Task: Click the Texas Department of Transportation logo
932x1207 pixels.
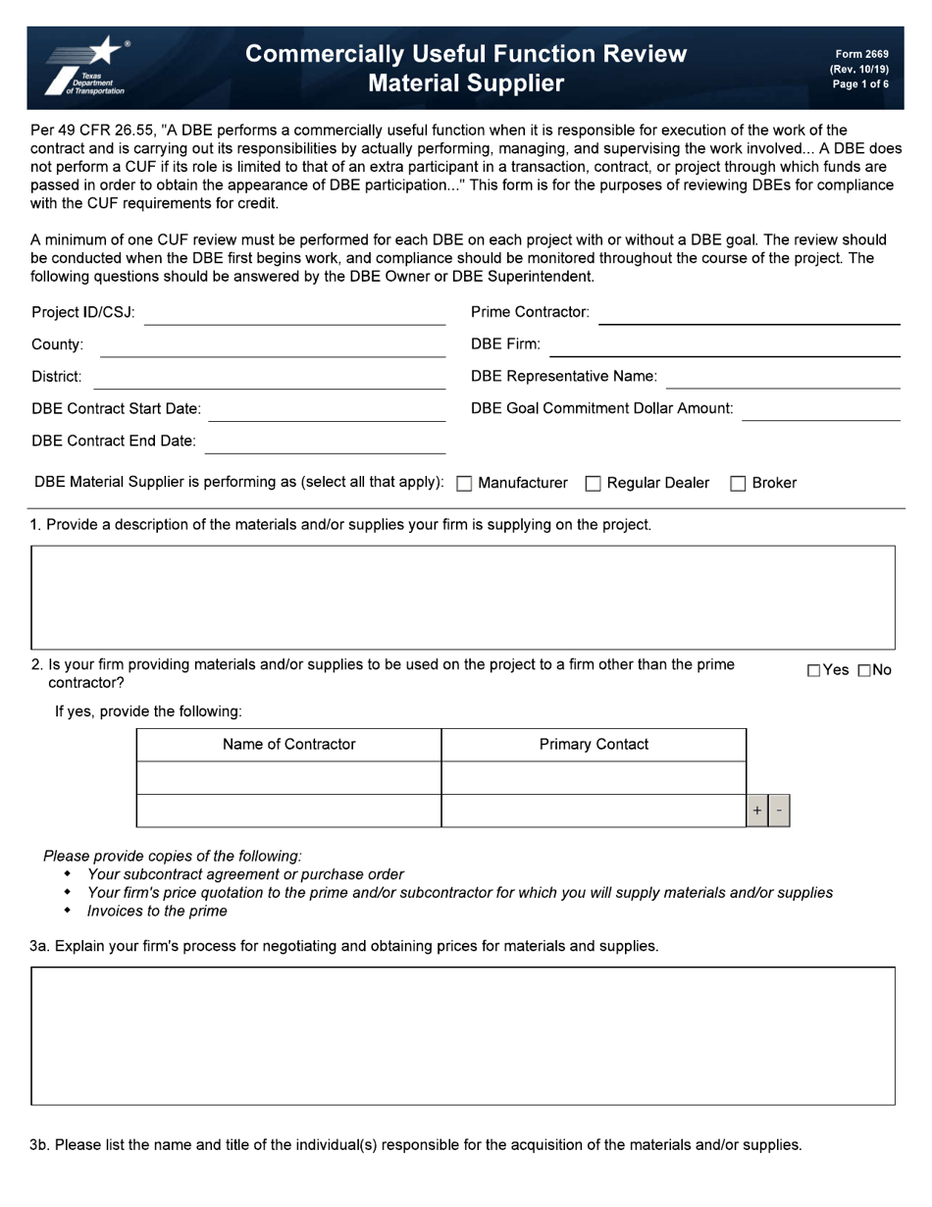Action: [86, 67]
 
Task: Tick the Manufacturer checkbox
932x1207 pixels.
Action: [465, 484]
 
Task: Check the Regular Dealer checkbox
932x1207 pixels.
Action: [593, 484]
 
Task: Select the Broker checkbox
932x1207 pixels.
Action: [739, 484]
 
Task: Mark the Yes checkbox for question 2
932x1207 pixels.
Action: [813, 671]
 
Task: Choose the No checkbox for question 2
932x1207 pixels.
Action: [864, 671]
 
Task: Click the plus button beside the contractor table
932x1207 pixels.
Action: [757, 811]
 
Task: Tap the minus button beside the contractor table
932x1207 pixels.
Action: [779, 811]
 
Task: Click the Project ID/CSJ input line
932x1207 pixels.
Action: [294, 315]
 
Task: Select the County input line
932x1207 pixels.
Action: [272, 346]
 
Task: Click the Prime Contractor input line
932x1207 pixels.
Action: [749, 314]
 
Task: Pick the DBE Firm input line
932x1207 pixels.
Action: [724, 346]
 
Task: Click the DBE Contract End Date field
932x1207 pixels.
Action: [325, 443]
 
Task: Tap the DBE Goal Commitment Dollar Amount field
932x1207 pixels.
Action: [820, 410]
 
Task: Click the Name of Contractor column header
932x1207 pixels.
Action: [288, 745]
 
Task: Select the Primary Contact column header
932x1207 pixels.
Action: [594, 745]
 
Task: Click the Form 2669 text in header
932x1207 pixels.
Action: [861, 55]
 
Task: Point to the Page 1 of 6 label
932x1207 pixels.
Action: [860, 84]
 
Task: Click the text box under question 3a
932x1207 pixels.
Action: [463, 1036]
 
